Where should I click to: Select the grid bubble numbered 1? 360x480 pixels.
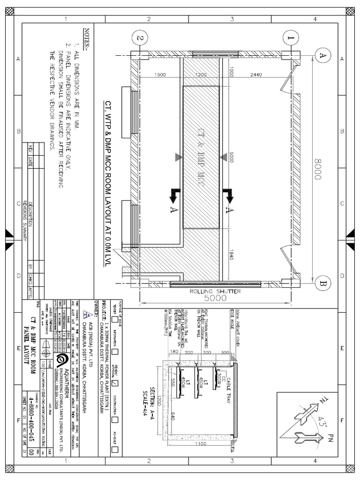coord(291,37)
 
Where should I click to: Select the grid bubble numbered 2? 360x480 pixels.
coord(140,37)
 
